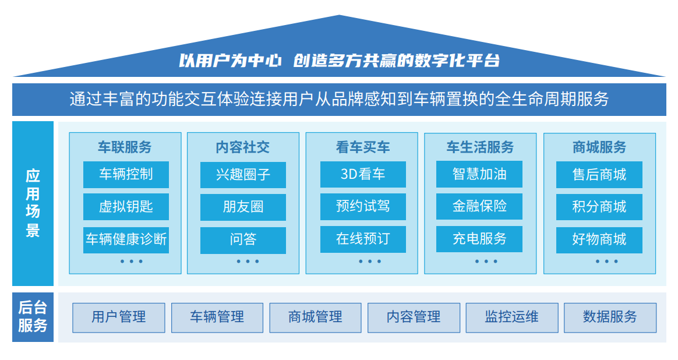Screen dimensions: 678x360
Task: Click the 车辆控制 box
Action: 126,174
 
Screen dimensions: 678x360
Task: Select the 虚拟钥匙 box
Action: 126,207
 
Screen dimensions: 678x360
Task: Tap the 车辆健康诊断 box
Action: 126,240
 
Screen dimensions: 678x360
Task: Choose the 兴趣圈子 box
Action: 243,175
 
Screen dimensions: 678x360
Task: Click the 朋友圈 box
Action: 243,207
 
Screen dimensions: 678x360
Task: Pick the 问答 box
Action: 243,240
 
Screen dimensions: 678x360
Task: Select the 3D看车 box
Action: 363,174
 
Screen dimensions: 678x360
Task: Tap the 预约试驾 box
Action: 363,206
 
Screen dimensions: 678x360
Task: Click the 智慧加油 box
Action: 479,174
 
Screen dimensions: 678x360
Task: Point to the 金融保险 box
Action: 479,206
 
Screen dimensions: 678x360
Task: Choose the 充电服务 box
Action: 479,239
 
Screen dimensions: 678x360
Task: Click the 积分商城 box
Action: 599,207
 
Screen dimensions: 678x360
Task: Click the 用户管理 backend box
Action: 118,317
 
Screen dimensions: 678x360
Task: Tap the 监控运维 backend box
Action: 512,317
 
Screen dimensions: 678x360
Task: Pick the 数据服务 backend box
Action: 610,317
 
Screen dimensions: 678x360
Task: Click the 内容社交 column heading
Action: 242,147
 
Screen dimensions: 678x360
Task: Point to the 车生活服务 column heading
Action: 480,147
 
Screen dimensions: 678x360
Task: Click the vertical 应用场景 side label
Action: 33,203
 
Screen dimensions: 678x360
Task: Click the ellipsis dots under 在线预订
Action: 370,262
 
